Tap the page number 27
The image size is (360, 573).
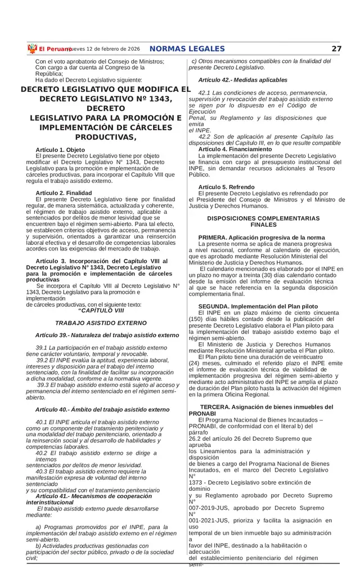point(336,49)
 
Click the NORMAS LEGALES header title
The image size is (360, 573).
point(187,49)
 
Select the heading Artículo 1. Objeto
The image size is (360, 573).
point(60,150)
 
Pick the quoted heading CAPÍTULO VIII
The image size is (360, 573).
point(101,310)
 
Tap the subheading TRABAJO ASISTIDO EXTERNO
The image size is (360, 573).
point(101,323)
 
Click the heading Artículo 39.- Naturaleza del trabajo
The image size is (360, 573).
point(106,335)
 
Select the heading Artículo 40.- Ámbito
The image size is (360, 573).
point(102,410)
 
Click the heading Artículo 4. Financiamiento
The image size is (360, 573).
point(235,149)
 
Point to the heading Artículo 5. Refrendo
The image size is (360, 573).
point(226,187)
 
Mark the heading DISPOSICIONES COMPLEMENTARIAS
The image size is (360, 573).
point(263,218)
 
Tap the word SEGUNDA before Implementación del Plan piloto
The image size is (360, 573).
point(214,306)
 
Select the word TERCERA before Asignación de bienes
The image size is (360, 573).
point(215,407)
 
